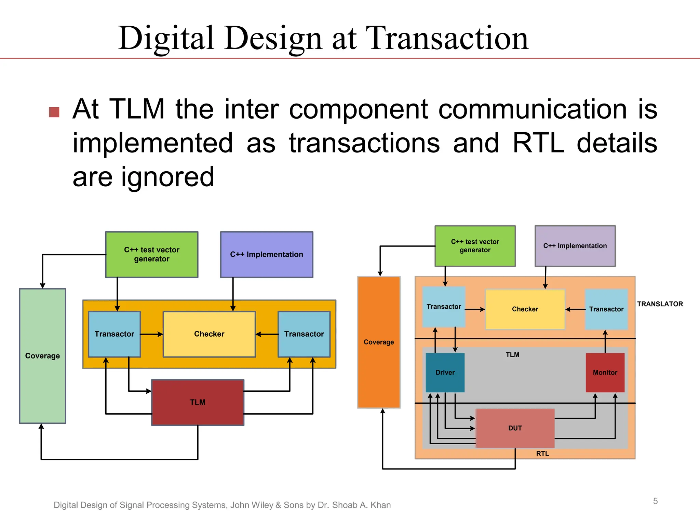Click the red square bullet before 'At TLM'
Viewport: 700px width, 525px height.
(x=54, y=112)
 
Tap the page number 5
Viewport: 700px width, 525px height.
(x=655, y=501)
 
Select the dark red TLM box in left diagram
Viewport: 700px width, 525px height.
(x=198, y=402)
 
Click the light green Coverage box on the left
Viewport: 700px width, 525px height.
(x=42, y=356)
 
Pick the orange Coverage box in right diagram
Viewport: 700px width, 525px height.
(x=379, y=342)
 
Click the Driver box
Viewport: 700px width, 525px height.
(x=445, y=373)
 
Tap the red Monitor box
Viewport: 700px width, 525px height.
(x=605, y=373)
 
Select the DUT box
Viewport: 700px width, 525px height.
(x=515, y=428)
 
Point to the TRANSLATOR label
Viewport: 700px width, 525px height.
(x=660, y=304)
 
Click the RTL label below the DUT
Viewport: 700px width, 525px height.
(x=542, y=454)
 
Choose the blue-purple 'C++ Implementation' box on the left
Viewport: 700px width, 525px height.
(x=267, y=255)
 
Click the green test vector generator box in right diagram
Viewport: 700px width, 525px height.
(x=475, y=246)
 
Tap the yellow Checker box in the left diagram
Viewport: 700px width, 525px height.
(x=209, y=334)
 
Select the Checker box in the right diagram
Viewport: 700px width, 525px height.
(x=525, y=309)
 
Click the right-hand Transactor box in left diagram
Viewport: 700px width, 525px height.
(x=304, y=334)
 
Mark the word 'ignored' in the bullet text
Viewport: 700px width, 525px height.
(x=167, y=177)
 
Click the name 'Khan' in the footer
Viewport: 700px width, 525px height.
(x=380, y=505)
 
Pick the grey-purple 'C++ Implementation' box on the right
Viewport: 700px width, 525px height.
(x=575, y=246)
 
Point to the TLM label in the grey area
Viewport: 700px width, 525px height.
(x=512, y=355)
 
